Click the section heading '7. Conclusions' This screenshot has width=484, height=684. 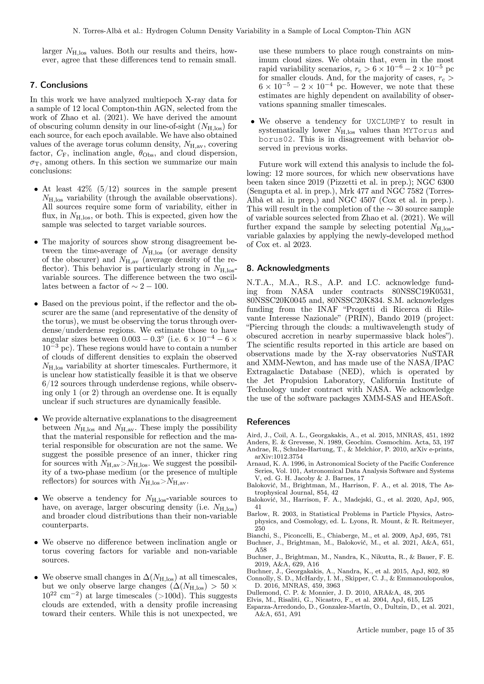point(59,85)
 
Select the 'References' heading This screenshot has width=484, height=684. point(268,422)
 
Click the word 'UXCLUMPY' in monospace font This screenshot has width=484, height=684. point(386,122)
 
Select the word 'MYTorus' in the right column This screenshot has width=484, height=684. point(420,130)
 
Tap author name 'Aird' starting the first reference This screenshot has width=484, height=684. point(253,435)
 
